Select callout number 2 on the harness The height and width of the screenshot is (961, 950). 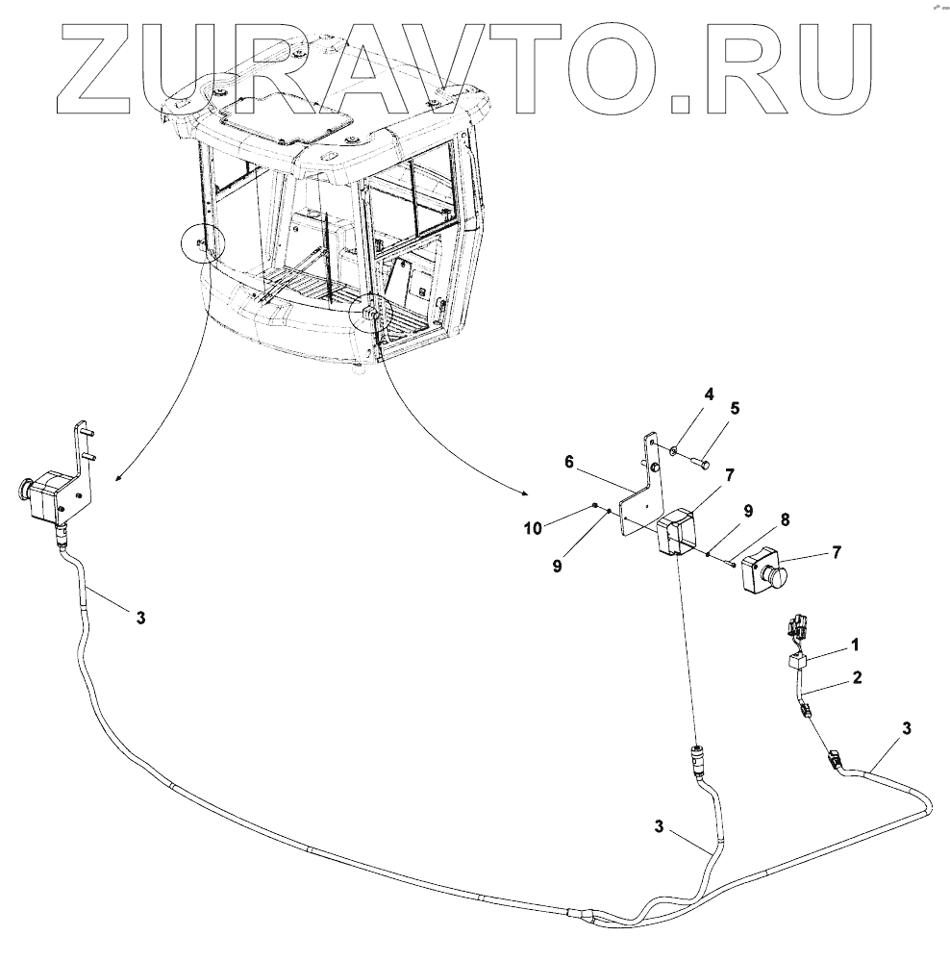pyautogui.click(x=856, y=677)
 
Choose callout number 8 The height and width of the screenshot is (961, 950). pyautogui.click(x=786, y=519)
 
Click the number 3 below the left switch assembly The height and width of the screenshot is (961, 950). pyautogui.click(x=140, y=618)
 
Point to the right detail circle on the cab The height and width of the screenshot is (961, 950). pyautogui.click(x=370, y=314)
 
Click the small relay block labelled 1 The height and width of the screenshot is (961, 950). pyautogui.click(x=797, y=662)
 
